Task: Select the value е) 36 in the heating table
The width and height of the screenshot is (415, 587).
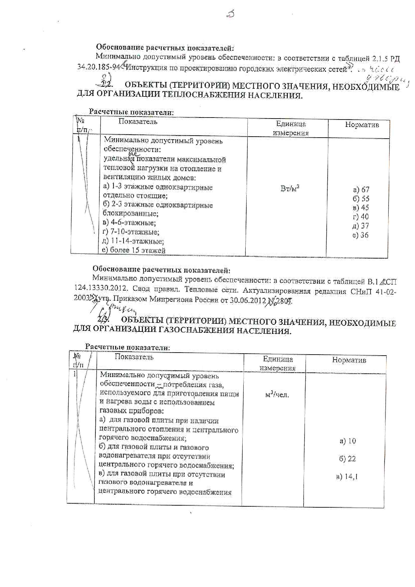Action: coord(360,235)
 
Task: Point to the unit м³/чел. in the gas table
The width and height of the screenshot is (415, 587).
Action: coord(277,395)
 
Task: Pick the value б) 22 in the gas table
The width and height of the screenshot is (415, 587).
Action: coord(347,459)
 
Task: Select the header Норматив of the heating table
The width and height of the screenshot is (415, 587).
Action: coord(362,125)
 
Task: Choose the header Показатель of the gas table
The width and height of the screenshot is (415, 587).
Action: coord(134,357)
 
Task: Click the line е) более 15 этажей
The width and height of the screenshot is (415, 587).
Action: coord(134,250)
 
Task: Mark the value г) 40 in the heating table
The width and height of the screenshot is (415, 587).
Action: coord(360,217)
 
